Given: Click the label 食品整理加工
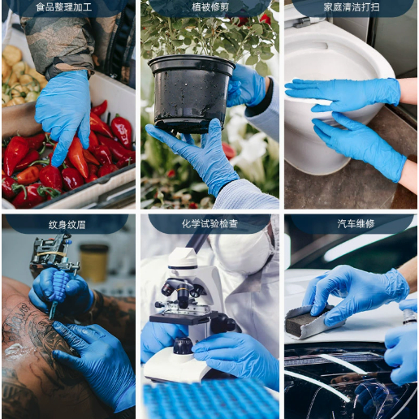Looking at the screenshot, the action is click(64, 7).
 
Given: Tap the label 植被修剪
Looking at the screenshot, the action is click(210, 7).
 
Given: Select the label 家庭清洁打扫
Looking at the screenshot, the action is click(352, 7).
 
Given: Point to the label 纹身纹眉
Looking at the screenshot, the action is click(67, 225).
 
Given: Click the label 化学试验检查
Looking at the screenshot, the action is click(209, 224).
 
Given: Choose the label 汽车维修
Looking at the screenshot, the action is click(356, 224).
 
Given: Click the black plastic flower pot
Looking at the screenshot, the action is click(192, 93).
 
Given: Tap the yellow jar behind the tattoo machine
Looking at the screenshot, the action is click(93, 262).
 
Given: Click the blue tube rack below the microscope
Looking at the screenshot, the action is click(211, 400).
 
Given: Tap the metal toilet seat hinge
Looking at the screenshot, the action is click(300, 22).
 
